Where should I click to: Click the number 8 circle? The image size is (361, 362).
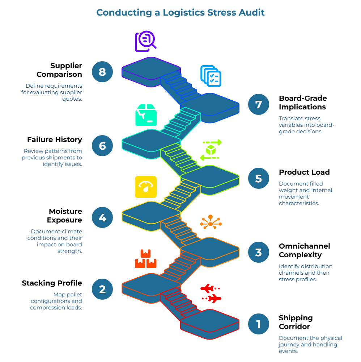(102, 72)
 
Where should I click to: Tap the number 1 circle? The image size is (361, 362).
(258, 324)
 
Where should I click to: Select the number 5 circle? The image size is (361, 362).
(258, 179)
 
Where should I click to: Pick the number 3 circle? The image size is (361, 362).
(258, 252)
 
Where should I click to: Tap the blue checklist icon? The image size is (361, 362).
(211, 76)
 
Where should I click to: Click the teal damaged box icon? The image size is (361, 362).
(146, 115)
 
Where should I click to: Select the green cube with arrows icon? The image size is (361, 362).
(211, 150)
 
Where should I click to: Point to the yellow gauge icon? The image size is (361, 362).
(146, 187)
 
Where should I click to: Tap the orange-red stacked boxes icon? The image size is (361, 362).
(146, 259)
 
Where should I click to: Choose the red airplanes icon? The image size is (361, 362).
(211, 294)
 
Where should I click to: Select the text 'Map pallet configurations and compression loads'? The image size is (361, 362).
(56, 301)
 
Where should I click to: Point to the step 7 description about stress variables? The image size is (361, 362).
(306, 125)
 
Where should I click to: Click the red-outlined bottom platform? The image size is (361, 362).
(209, 321)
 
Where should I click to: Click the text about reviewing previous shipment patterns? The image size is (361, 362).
(52, 157)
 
